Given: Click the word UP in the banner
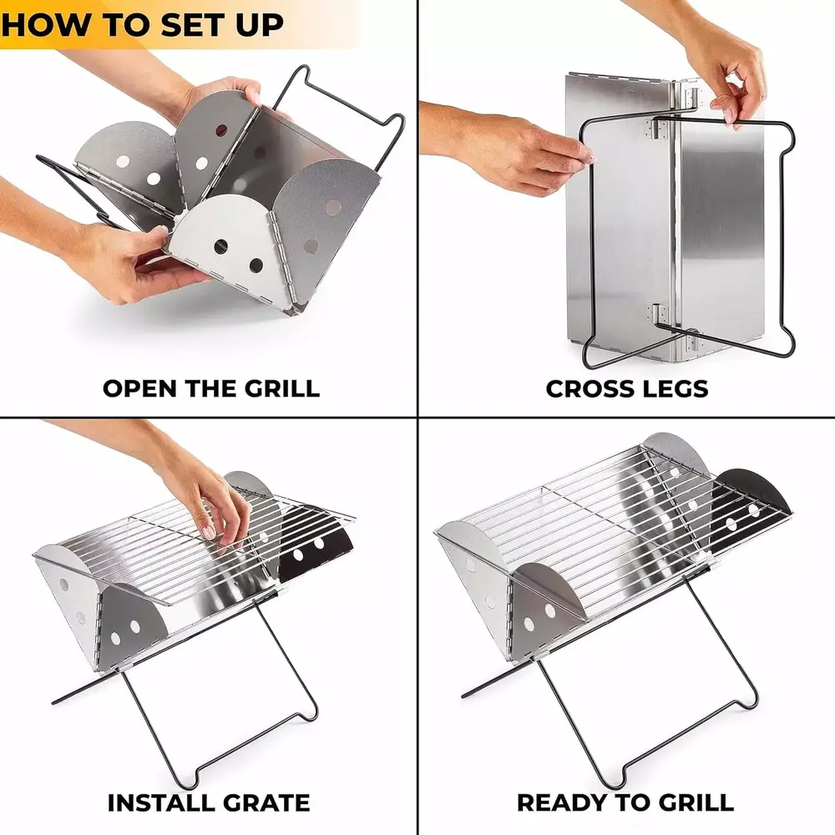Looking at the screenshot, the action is tap(260, 24).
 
